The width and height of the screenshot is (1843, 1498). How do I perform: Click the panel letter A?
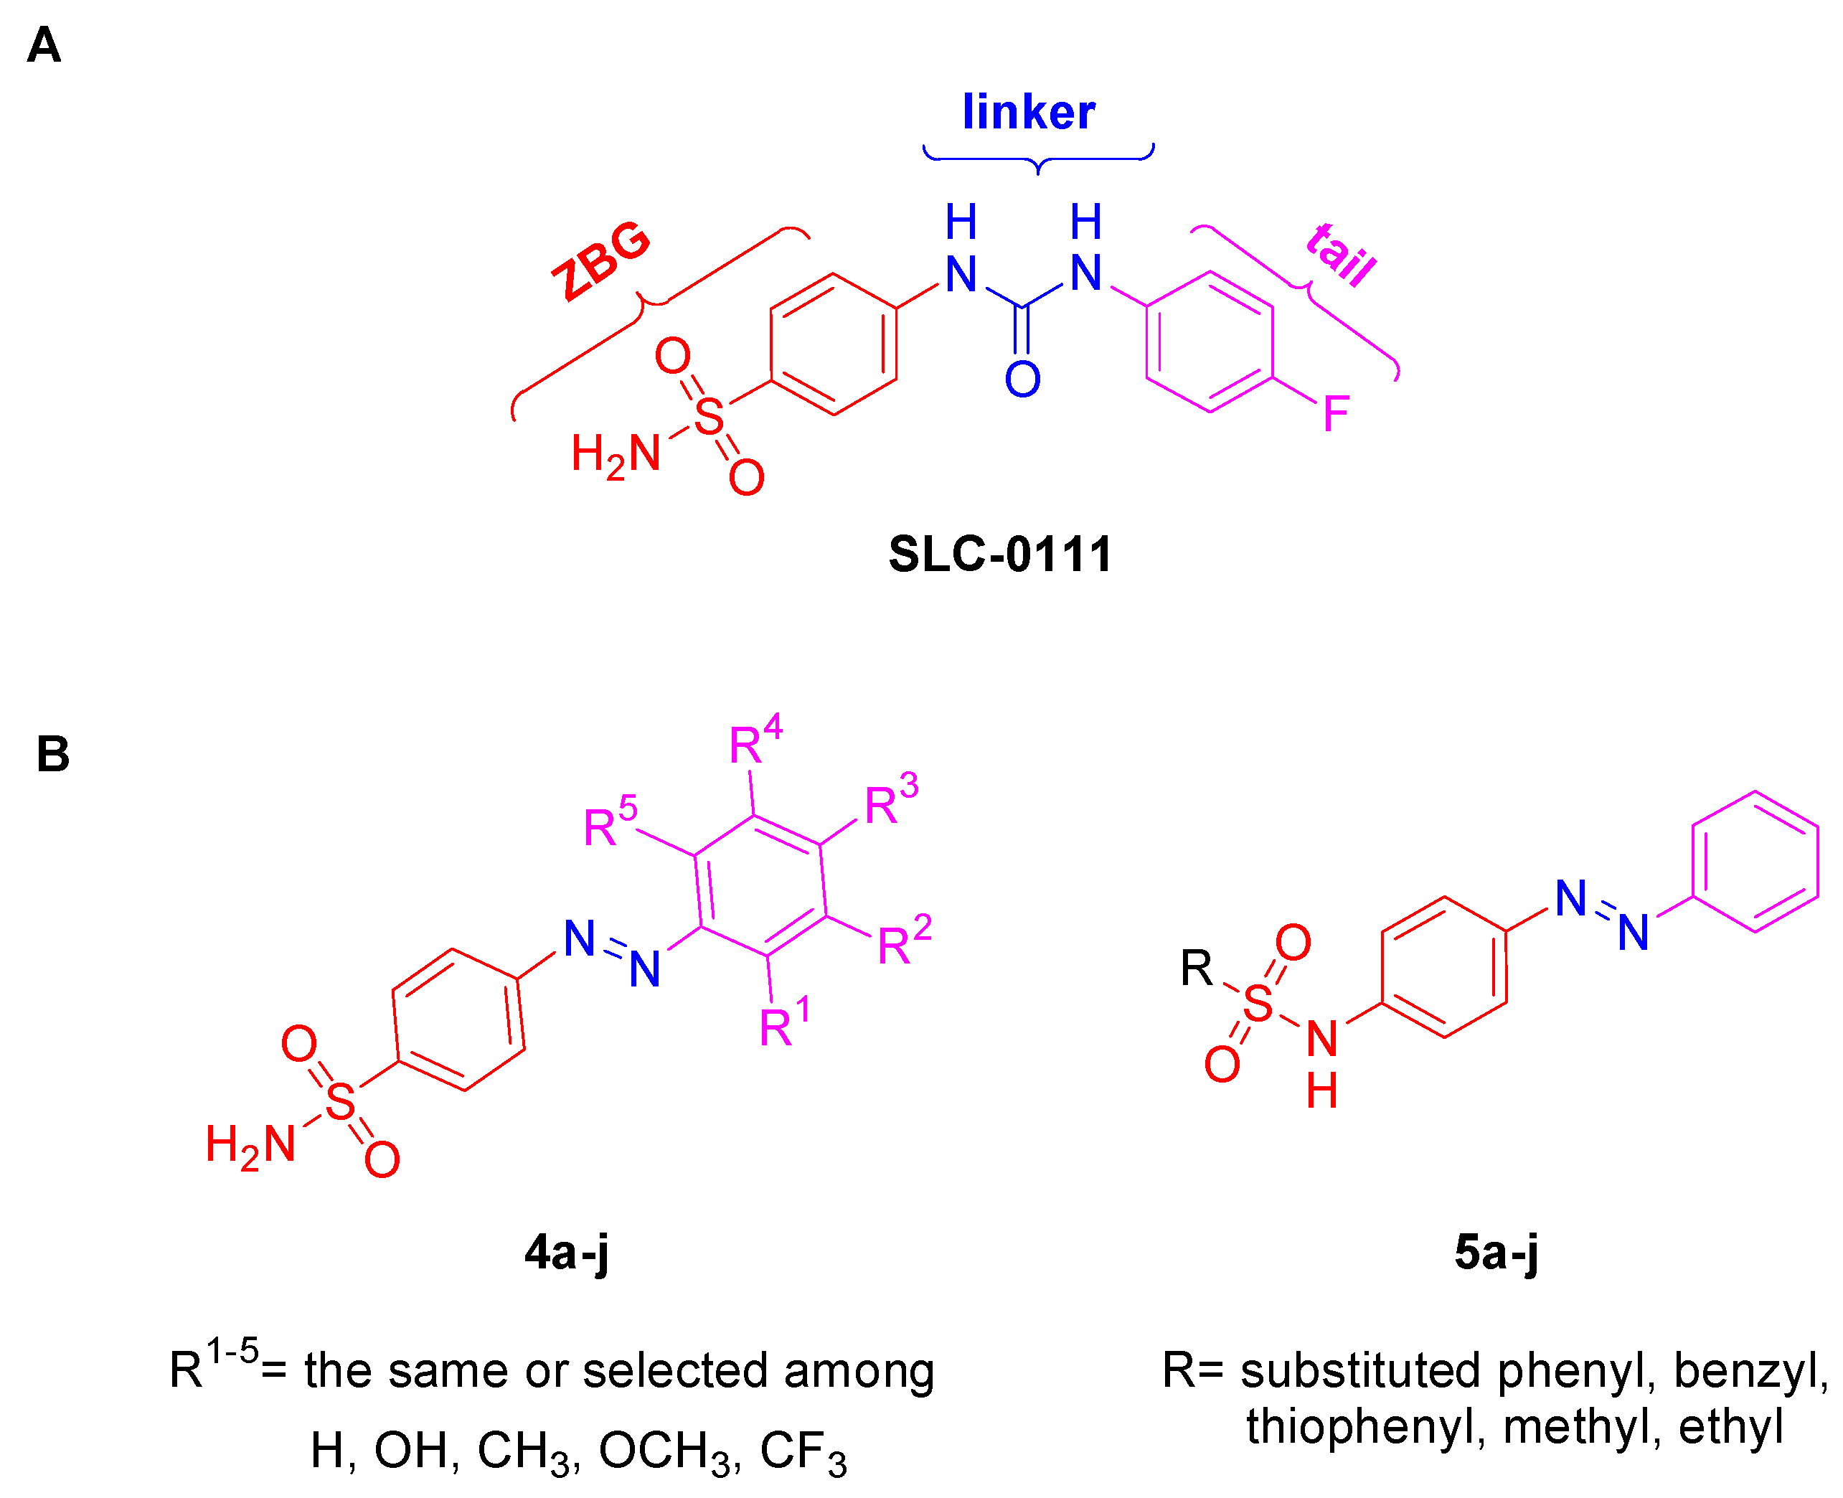pyautogui.click(x=43, y=45)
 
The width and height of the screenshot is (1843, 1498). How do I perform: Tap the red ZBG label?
pyautogui.click(x=601, y=260)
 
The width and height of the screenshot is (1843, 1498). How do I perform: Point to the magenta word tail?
pyautogui.click(x=1340, y=255)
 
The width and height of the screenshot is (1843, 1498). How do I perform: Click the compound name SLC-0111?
pyautogui.click(x=1000, y=553)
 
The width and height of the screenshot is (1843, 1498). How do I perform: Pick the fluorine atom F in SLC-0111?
pyautogui.click(x=1336, y=414)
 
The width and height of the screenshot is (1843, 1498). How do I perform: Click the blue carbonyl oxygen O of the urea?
pyautogui.click(x=1022, y=379)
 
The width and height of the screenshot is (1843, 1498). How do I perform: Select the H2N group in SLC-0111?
pyautogui.click(x=616, y=454)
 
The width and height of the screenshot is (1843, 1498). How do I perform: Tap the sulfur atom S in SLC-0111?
pyautogui.click(x=708, y=417)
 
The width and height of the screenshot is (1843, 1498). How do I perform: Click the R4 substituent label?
pyautogui.click(x=754, y=740)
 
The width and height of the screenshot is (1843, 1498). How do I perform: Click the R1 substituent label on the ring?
pyautogui.click(x=783, y=1023)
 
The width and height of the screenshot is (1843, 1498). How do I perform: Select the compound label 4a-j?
pyautogui.click(x=567, y=1252)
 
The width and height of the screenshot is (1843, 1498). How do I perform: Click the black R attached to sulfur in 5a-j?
pyautogui.click(x=1196, y=969)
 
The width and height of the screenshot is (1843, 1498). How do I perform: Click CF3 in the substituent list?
pyautogui.click(x=803, y=1451)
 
